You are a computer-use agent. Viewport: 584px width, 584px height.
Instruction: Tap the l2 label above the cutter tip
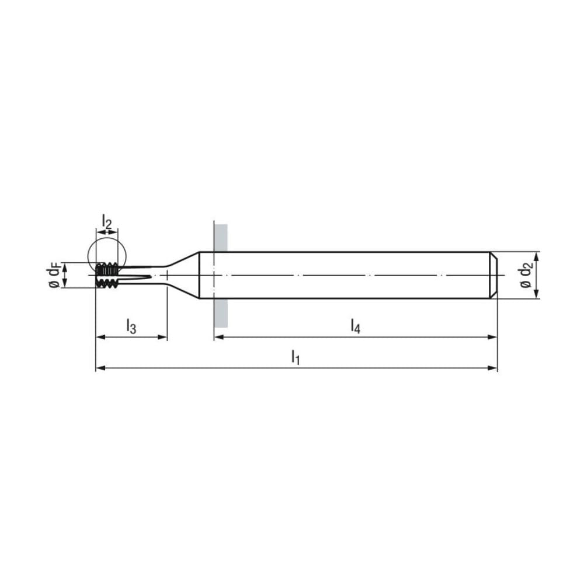click(x=106, y=221)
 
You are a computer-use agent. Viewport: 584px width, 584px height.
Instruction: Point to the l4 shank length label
click(x=355, y=326)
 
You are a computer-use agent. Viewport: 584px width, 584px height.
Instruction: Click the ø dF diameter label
click(x=54, y=275)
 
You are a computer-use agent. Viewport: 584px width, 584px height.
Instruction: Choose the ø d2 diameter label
click(x=526, y=275)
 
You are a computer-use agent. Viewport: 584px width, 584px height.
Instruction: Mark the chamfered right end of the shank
click(x=493, y=275)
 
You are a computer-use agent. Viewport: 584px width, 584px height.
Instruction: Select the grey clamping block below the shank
click(x=221, y=312)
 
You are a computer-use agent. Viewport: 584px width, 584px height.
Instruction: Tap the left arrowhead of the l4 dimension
click(x=218, y=337)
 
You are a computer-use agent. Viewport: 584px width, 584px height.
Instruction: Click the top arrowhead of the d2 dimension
click(x=537, y=255)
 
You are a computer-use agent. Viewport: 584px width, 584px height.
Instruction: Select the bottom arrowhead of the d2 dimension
click(x=537, y=295)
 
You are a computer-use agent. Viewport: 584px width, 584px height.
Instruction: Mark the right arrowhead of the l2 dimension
click(x=115, y=232)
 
